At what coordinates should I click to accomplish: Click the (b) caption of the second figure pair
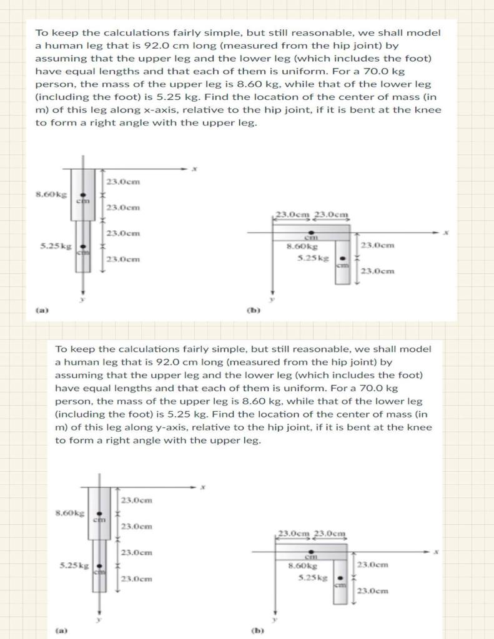point(257,630)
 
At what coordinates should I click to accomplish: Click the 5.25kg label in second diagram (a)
point(72,566)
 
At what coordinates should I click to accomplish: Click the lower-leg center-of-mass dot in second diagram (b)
point(340,577)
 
